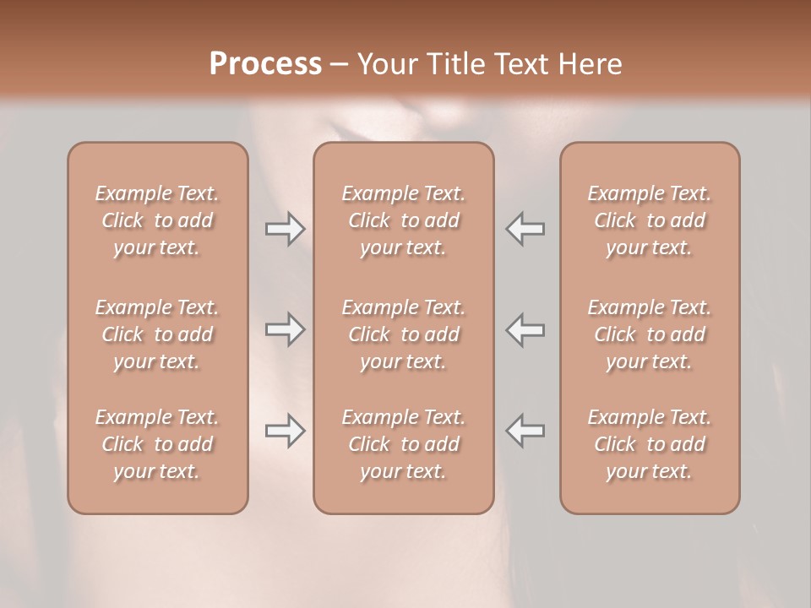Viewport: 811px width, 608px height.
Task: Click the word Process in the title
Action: [265, 64]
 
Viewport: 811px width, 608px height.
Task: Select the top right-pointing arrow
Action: [285, 229]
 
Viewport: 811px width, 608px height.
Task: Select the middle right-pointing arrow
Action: [285, 329]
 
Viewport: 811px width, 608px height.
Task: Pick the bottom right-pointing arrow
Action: [285, 431]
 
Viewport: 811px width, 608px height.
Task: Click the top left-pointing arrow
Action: [525, 229]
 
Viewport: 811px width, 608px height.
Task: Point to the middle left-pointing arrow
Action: [525, 329]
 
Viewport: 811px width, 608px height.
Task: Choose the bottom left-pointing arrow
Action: [525, 431]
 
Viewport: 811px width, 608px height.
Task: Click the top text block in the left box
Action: [157, 220]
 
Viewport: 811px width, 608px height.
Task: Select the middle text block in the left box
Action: [157, 334]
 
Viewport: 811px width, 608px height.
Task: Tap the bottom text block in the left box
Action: [157, 444]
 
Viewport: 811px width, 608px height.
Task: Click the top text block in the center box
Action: [404, 220]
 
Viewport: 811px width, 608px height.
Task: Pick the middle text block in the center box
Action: [404, 334]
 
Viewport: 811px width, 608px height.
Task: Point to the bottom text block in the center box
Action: [404, 444]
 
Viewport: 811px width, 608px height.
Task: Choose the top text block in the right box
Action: [650, 220]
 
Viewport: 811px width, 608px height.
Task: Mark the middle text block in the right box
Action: [650, 334]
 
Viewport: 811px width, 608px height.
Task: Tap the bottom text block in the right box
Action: [650, 444]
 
